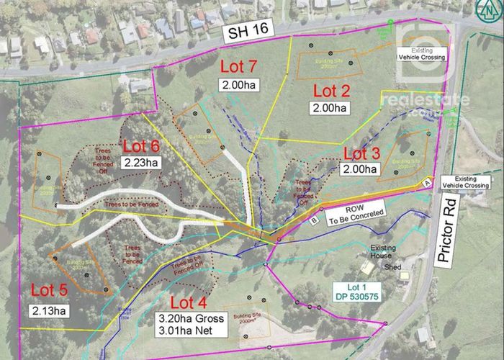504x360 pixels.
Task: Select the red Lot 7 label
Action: [237, 68]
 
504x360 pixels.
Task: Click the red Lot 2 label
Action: [330, 91]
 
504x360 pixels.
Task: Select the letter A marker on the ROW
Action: [427, 183]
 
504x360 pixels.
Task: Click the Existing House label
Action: [383, 251]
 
